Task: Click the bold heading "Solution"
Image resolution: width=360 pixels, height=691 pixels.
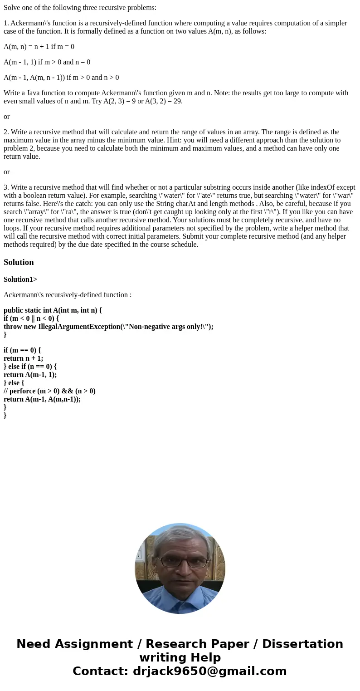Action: point(19,262)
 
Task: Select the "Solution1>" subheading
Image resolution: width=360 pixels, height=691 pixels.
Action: point(20,279)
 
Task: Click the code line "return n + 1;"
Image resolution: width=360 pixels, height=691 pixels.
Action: point(23,358)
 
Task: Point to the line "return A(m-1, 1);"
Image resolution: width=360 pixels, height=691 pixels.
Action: point(30,374)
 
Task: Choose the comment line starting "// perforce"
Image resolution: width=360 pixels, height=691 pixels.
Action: point(49,391)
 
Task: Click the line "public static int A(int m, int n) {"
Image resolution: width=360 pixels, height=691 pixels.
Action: point(53,310)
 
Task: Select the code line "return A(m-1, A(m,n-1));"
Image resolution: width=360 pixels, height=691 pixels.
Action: point(42,399)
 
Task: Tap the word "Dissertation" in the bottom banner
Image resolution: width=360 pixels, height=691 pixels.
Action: point(302,644)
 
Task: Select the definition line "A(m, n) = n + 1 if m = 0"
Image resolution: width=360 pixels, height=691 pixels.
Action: point(39,46)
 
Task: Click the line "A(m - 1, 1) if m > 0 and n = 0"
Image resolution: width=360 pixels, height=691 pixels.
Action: point(47,62)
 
